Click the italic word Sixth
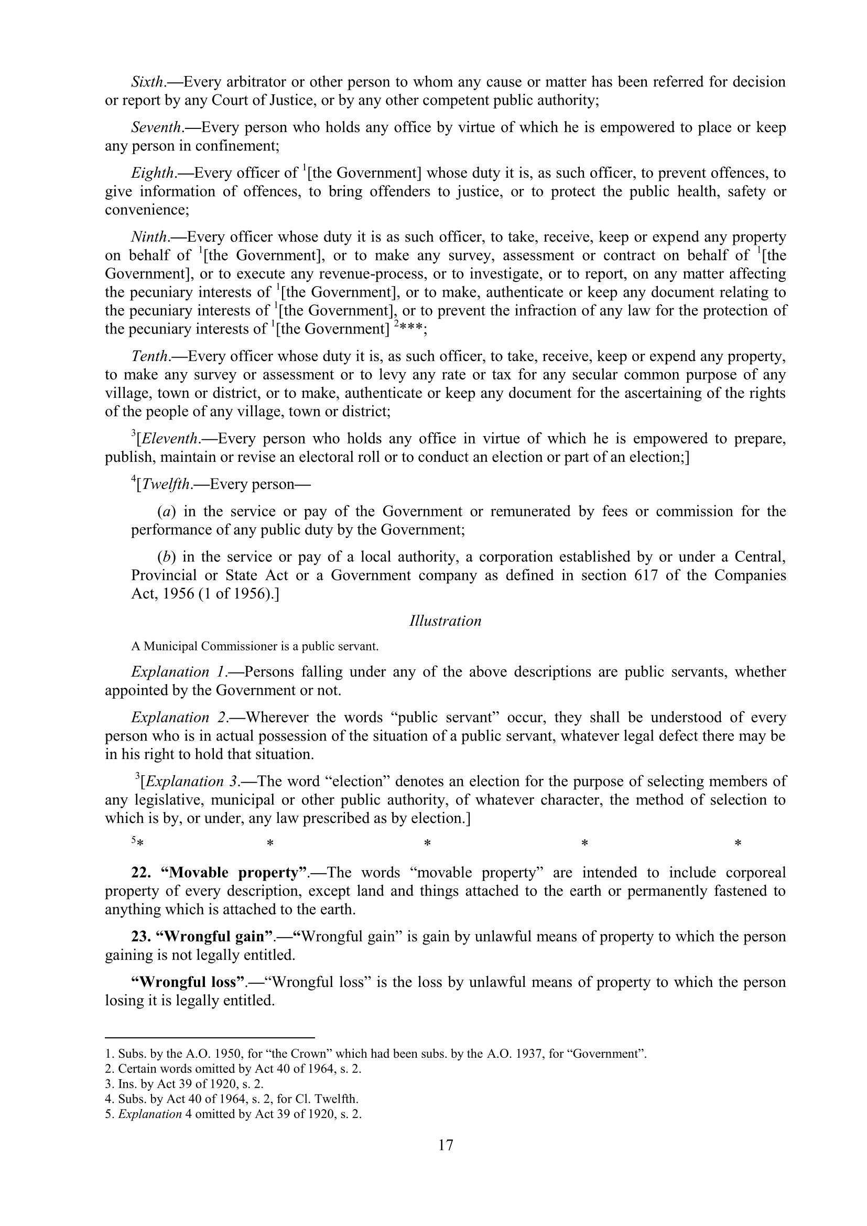(x=147, y=82)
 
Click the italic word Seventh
(x=156, y=127)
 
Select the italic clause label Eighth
(x=153, y=173)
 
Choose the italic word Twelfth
(x=167, y=484)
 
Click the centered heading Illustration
(x=445, y=621)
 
